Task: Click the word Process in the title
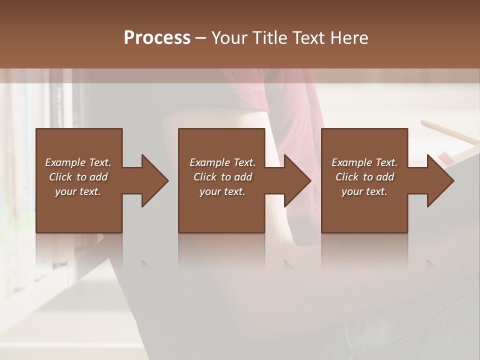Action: pos(157,38)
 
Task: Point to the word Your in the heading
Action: pos(229,38)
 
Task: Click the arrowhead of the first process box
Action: pos(154,180)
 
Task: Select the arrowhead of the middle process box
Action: pos(297,180)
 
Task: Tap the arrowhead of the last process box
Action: pos(440,180)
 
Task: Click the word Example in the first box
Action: pos(65,162)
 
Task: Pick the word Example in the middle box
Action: pos(209,162)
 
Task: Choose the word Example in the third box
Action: pos(351,162)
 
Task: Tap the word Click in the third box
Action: pos(347,177)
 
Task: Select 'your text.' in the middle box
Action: pos(222,191)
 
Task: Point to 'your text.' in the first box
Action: pos(78,191)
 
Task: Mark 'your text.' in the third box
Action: pos(364,191)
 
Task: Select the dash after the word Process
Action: pos(200,38)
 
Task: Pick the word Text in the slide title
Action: pos(305,38)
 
